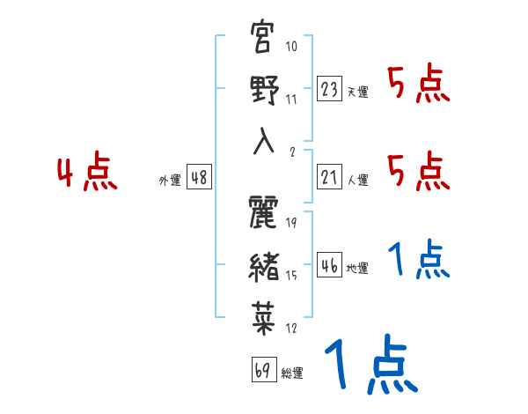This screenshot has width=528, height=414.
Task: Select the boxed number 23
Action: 329,90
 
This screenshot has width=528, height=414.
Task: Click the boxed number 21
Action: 329,177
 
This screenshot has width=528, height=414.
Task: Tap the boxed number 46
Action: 329,265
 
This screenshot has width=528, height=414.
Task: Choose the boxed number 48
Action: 198,177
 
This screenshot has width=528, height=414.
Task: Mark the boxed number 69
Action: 263,370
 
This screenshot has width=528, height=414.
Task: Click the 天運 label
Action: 357,92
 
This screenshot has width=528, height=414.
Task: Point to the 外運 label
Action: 169,180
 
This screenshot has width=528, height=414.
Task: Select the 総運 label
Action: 292,373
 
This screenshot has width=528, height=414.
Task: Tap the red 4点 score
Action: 86,173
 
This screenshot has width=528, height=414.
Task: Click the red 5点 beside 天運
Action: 418,85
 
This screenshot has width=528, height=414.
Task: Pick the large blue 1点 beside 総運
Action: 370,366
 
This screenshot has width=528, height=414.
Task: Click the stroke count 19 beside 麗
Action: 291,222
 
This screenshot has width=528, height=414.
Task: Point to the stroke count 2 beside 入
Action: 291,151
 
